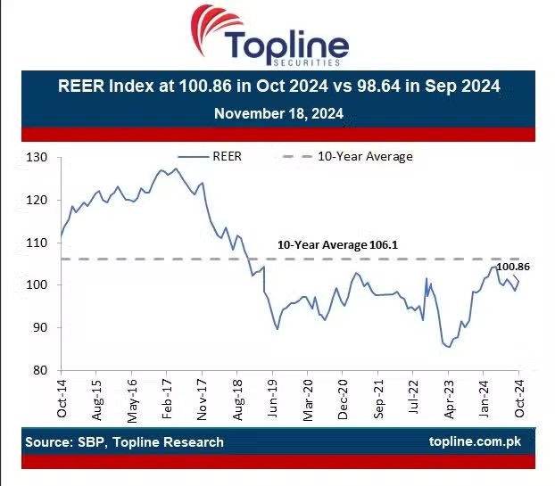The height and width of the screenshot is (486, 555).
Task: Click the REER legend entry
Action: (x=227, y=156)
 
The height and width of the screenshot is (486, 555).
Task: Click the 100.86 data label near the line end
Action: (x=513, y=267)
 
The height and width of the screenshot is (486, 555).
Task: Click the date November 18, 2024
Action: (x=278, y=114)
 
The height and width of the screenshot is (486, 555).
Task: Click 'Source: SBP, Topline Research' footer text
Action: (x=125, y=441)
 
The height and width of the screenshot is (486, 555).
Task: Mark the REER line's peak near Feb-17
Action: (x=176, y=169)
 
